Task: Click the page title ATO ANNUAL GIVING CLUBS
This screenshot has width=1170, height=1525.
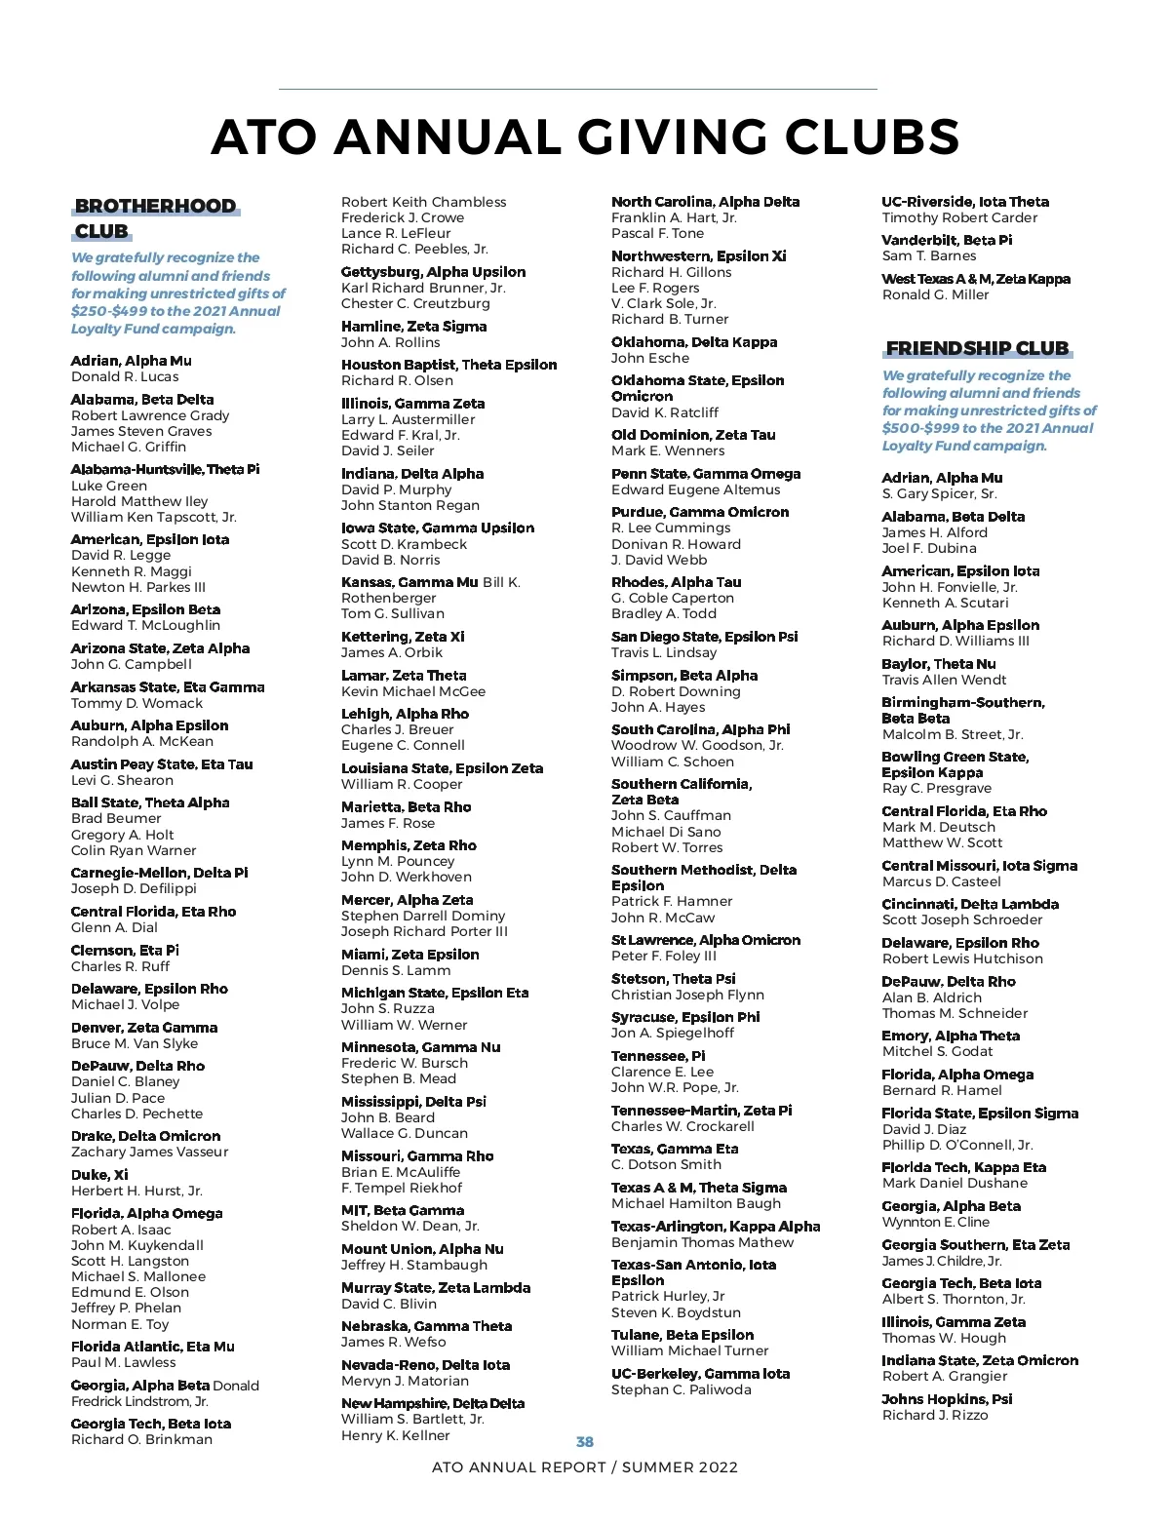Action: tap(585, 137)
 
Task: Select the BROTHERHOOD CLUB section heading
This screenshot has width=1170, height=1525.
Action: tap(156, 218)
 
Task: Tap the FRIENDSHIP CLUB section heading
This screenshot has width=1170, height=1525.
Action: tap(977, 348)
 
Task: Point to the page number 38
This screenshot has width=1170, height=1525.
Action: tap(585, 1441)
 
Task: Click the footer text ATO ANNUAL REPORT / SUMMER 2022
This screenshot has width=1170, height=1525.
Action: tap(585, 1467)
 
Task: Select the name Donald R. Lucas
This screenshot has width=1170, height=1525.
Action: tap(125, 376)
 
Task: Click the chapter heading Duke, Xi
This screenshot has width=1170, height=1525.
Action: tap(99, 1175)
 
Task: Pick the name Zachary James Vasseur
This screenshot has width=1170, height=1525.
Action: tap(149, 1152)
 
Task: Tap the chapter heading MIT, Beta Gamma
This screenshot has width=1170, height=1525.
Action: tap(403, 1210)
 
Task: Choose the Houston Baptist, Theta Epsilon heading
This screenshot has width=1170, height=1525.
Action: tap(448, 365)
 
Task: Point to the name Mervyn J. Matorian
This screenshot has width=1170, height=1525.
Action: tap(405, 1381)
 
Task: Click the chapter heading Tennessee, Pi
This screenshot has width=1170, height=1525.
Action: tap(658, 1056)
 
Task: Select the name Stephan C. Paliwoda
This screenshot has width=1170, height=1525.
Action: tap(682, 1389)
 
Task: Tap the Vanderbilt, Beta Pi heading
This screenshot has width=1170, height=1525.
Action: tap(947, 240)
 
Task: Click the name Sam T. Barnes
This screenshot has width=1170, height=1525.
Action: tap(929, 255)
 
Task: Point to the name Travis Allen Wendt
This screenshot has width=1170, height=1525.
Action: tap(944, 680)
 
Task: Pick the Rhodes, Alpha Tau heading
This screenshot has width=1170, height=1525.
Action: tap(676, 582)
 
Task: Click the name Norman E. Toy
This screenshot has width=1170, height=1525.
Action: tap(120, 1324)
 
